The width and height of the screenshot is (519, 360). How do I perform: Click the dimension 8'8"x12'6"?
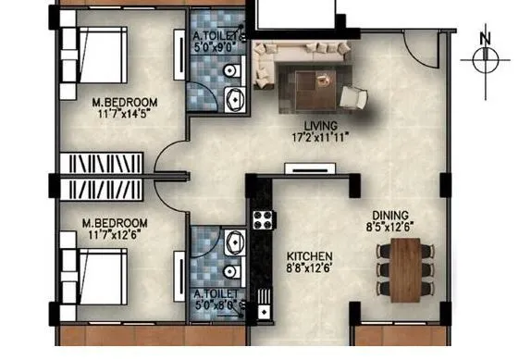[309, 269]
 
